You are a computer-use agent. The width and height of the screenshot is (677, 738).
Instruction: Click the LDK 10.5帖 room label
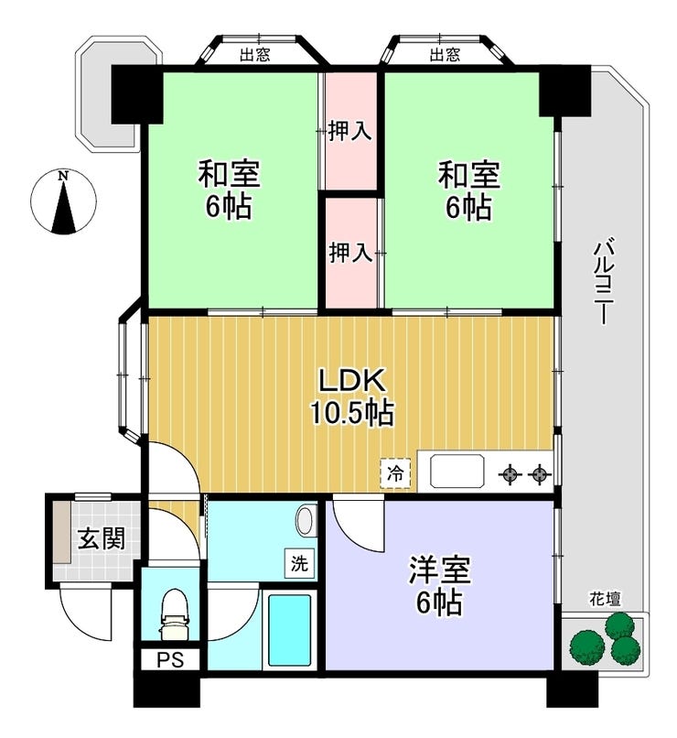[x=351, y=396]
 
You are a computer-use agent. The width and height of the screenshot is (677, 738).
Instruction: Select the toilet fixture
[x=175, y=614]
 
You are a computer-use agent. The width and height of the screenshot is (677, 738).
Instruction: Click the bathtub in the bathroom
[x=290, y=630]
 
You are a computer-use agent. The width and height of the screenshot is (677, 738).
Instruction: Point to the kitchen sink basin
[x=457, y=471]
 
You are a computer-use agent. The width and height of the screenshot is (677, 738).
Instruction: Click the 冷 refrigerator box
[x=395, y=474]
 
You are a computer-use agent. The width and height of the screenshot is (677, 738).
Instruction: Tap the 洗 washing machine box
[x=299, y=563]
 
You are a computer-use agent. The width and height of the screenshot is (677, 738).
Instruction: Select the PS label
[x=170, y=660]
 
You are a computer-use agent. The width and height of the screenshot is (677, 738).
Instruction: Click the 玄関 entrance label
[x=102, y=538]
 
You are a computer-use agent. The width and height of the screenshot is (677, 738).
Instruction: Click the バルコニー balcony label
[x=604, y=282]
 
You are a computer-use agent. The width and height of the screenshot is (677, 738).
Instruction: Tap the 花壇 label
[x=606, y=599]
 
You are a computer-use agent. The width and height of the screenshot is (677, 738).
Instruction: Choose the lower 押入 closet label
[x=350, y=253]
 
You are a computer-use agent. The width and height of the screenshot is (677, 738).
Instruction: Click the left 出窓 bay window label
[x=255, y=55]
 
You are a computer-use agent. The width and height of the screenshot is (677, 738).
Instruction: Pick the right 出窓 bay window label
[x=445, y=55]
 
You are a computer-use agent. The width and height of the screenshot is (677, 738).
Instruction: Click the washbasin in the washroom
[x=304, y=520]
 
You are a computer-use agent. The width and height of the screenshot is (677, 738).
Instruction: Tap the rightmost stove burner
[x=539, y=474]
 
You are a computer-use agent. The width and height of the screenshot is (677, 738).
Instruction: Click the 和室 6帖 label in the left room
[x=229, y=190]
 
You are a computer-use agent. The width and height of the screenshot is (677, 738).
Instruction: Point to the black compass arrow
[x=63, y=207]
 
